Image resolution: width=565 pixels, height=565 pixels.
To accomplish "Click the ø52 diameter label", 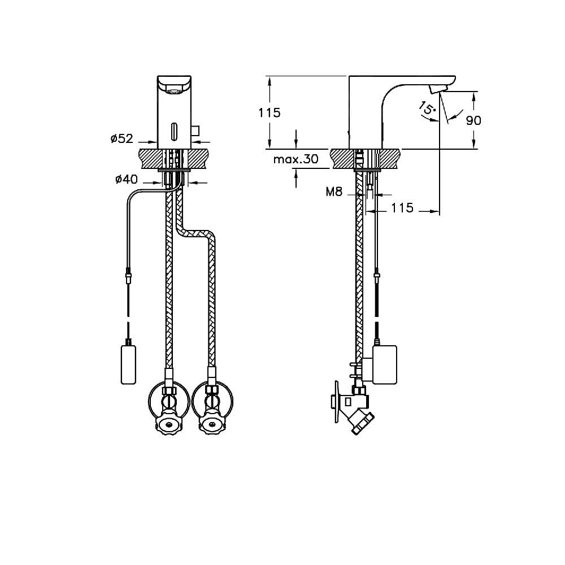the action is tap(122, 138).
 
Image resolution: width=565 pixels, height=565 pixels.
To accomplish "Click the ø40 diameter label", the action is tap(127, 179).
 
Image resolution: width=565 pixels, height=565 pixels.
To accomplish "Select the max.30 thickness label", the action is tap(296, 159).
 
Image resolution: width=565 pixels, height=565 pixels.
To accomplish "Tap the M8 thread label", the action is tap(334, 192).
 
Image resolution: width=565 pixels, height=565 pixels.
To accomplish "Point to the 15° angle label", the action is tap(428, 108).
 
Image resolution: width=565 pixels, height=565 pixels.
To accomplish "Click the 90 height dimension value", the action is tap(473, 120).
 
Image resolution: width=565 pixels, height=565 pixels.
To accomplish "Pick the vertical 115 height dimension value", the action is tap(269, 113).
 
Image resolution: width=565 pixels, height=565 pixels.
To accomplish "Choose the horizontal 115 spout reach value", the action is tap(402, 208).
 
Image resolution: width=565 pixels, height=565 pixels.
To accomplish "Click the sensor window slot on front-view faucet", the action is tap(175, 132).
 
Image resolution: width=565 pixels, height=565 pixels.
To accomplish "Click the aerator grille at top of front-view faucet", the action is tap(175, 91).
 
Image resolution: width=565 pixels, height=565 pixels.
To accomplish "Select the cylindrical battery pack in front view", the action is tap(128, 364).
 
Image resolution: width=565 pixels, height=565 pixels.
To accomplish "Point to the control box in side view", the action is tap(384, 364).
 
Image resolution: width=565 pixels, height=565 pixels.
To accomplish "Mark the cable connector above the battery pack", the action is tap(128, 277).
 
